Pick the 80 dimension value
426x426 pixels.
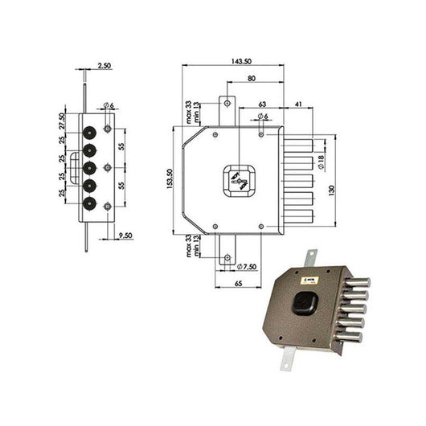tap(253, 78)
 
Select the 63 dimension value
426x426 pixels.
tap(263, 104)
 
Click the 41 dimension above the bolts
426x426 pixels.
tap(298, 104)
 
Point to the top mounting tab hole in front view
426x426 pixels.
tap(227, 103)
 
